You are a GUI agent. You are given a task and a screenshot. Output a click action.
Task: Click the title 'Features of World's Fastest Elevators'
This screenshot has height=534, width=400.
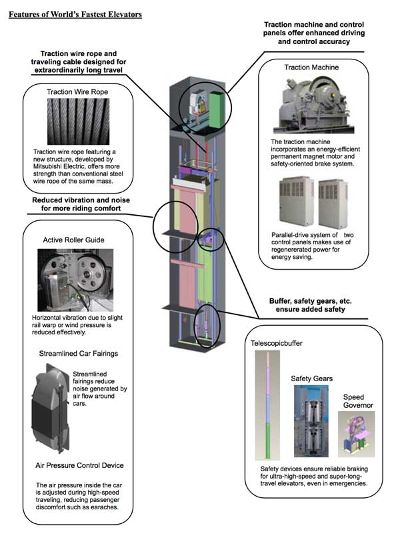click(75, 13)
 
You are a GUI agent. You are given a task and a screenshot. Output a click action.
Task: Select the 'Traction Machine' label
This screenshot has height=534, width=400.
click(311, 67)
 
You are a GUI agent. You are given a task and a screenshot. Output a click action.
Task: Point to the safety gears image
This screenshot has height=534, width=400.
click(310, 421)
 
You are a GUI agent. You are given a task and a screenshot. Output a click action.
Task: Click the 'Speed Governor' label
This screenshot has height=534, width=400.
click(357, 401)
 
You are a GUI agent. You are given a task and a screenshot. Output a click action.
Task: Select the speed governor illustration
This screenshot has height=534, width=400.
click(357, 431)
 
